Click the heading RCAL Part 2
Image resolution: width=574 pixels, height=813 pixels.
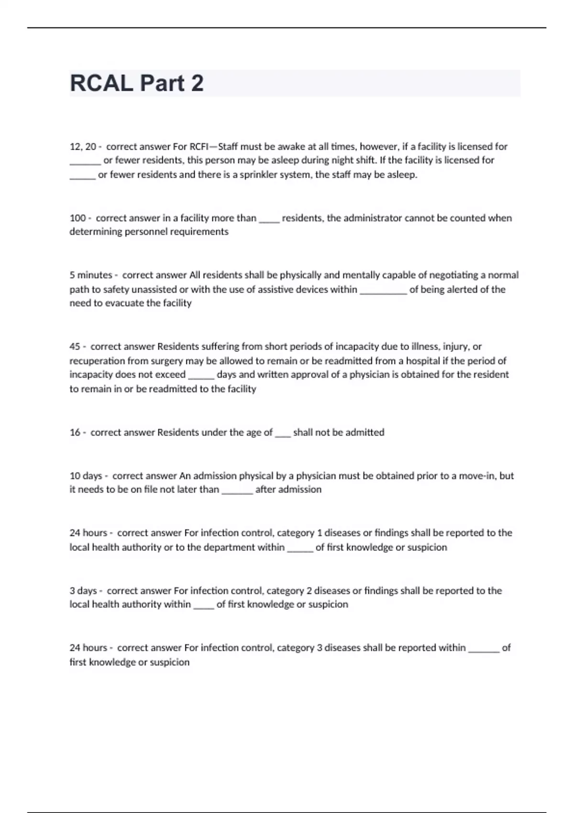137,83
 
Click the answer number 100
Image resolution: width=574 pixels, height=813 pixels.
77,218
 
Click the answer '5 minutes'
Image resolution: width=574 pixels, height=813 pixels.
90,275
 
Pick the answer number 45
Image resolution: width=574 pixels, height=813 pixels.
75,347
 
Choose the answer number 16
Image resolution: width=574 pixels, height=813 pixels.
75,432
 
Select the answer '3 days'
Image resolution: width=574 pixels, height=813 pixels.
83,591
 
